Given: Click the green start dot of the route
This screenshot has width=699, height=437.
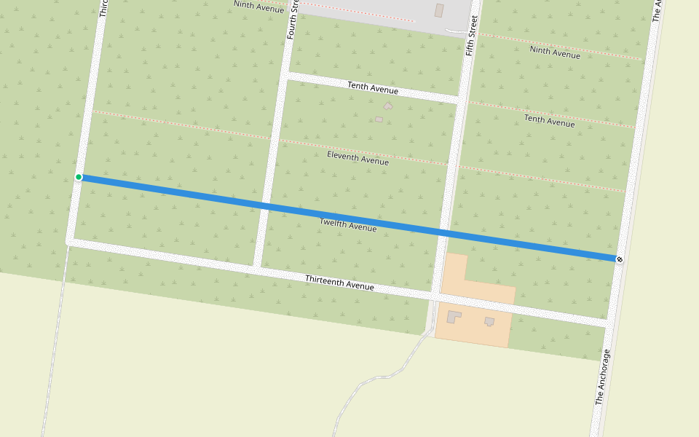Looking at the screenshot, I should (79, 177).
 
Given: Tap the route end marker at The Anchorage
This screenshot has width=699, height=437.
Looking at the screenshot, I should (619, 259).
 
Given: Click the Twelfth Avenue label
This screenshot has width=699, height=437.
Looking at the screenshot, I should (348, 225).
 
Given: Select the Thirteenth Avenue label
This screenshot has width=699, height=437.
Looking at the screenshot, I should (339, 283).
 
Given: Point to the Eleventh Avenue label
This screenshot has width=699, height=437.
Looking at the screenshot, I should (358, 158).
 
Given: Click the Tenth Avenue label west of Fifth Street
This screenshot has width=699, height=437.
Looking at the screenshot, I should (373, 87).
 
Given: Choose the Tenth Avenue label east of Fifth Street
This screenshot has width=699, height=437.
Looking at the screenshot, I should (550, 120).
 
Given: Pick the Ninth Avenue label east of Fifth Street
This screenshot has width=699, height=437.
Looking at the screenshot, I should (555, 52).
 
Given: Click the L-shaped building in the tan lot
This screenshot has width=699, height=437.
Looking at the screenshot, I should (454, 317).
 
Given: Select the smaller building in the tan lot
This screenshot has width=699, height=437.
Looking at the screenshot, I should (489, 321).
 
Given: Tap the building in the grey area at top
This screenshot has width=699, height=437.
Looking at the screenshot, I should (439, 10).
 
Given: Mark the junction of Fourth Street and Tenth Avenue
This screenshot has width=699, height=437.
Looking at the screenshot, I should (285, 75).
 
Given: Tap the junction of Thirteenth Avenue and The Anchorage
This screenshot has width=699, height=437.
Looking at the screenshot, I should (608, 320).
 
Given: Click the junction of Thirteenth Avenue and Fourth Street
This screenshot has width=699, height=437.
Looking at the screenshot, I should (257, 269).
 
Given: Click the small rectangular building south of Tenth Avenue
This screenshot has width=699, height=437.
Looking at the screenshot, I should (379, 119).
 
